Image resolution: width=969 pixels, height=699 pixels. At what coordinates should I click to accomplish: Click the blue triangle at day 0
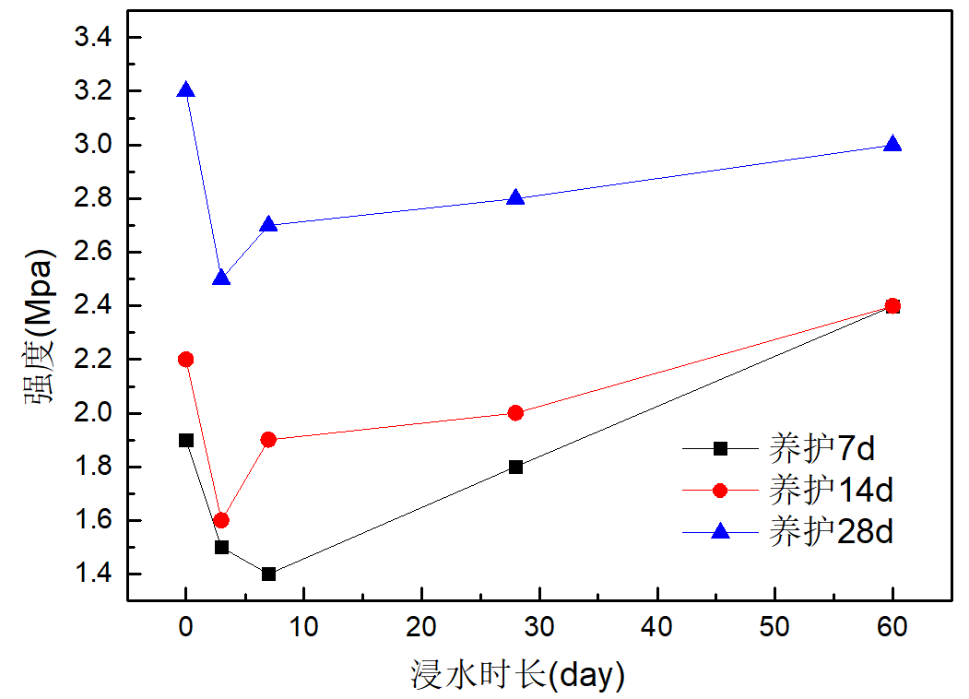click(x=186, y=90)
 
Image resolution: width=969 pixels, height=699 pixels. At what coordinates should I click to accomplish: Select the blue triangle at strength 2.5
click(x=221, y=278)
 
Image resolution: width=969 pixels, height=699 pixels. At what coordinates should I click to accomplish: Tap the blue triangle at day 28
click(x=515, y=197)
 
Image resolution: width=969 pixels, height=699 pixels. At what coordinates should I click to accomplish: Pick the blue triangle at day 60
click(x=892, y=145)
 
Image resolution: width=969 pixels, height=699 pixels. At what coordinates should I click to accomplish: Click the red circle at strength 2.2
click(x=186, y=359)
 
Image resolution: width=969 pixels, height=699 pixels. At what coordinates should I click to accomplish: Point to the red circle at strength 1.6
click(x=221, y=520)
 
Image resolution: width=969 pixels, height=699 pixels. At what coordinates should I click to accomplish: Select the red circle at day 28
click(x=515, y=412)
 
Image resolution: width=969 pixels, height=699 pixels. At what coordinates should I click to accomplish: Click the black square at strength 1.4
click(x=268, y=574)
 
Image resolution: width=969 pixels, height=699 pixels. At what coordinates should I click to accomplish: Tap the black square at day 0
click(x=186, y=440)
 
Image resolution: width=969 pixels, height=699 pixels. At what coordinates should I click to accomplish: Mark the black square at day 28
click(x=515, y=467)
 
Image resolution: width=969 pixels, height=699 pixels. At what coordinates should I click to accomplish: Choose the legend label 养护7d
click(x=821, y=449)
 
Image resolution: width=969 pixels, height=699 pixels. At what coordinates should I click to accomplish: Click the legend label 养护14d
click(x=830, y=490)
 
